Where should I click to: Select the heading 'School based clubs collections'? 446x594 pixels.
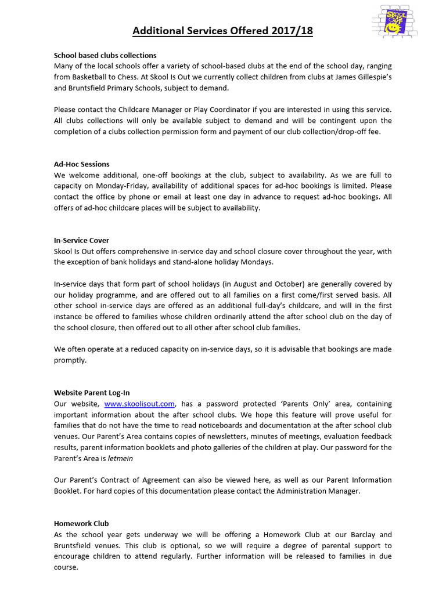pyautogui.click(x=105, y=55)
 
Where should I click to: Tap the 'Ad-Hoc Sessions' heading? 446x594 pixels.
pyautogui.click(x=81, y=164)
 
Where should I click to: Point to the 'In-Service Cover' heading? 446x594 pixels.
pyautogui.click(x=81, y=240)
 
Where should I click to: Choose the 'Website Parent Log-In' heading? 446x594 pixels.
pyautogui.click(x=92, y=393)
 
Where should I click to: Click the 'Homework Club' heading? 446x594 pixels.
pyautogui.click(x=81, y=523)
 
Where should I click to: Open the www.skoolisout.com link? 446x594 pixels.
pyautogui.click(x=139, y=404)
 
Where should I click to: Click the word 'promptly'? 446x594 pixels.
pyautogui.click(x=70, y=360)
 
